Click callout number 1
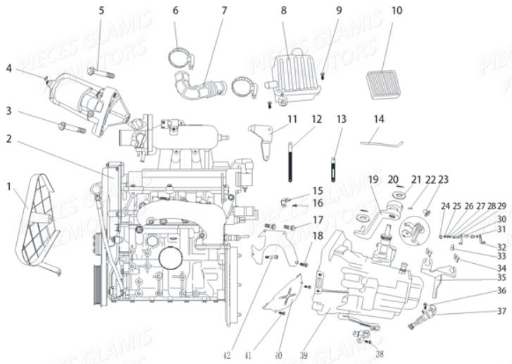[x=9, y=187]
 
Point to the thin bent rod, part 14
[x=380, y=141]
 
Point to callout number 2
[x=9, y=139]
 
